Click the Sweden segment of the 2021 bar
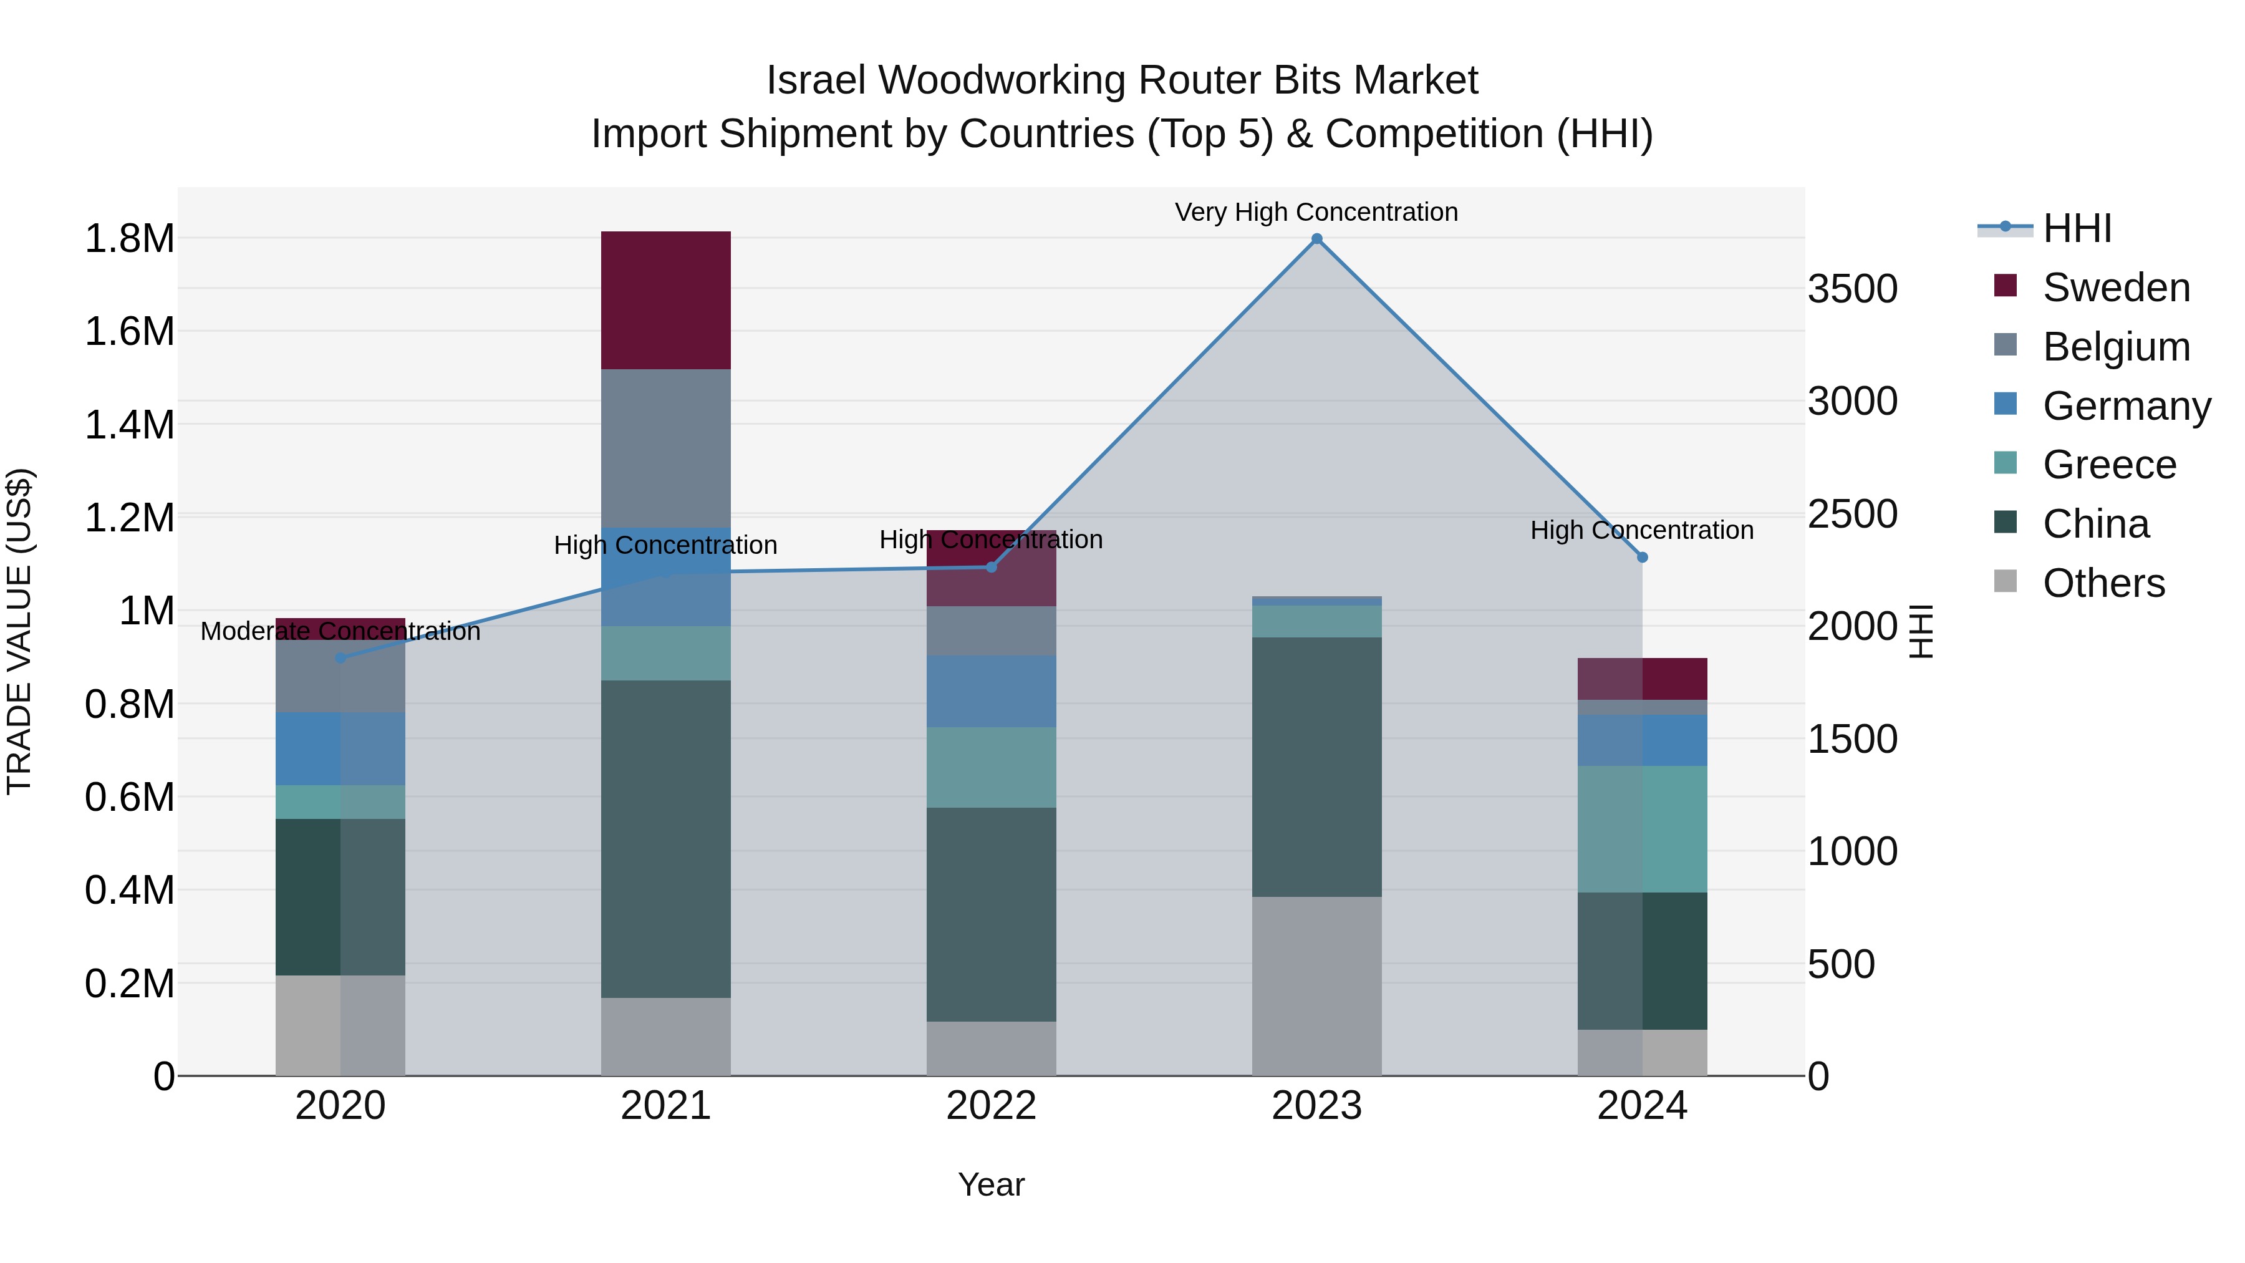(666, 300)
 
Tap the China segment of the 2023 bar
(1316, 767)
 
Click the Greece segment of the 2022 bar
(991, 767)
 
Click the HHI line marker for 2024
(1642, 557)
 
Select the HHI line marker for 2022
(991, 568)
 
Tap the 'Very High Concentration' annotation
(1316, 212)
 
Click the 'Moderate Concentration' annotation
(340, 631)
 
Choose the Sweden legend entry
(2116, 288)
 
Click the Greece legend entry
(2109, 465)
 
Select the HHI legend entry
(2077, 228)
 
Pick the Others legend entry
(2103, 583)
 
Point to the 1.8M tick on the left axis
(129, 239)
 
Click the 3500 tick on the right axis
(1852, 289)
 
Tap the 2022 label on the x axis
(991, 1105)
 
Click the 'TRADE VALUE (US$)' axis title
(19, 631)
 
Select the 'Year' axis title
(991, 1184)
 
